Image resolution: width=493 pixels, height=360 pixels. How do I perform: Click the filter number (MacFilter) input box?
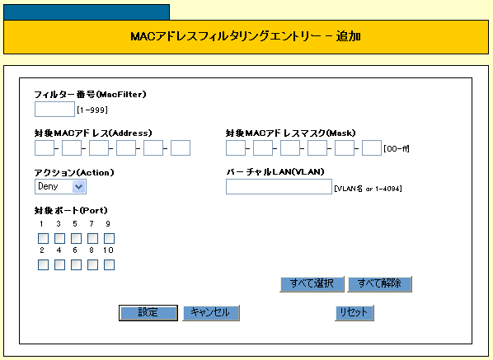pos(54,110)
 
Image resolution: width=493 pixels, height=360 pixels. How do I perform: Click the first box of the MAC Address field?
pos(45,148)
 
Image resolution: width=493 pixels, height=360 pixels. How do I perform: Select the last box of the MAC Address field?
pos(181,148)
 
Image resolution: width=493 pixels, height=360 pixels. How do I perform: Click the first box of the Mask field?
pos(236,148)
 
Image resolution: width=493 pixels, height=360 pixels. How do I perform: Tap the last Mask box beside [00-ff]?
pos(372,148)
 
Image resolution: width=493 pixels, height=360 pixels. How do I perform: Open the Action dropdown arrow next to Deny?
pos(78,187)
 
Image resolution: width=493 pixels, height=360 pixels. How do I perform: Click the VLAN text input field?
pos(279,187)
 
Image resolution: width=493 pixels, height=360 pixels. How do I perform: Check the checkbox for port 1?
pos(43,238)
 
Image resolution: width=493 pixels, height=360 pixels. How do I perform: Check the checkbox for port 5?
pos(76,238)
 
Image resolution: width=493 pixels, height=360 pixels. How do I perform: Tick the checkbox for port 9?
pos(109,238)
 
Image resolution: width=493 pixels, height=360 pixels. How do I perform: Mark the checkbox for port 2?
pos(43,264)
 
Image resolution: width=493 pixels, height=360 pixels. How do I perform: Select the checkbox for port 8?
pos(92,264)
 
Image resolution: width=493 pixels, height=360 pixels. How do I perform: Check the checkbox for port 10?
pos(109,264)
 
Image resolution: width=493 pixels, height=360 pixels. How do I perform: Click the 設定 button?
pos(148,313)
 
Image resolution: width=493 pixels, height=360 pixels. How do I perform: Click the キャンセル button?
pos(211,313)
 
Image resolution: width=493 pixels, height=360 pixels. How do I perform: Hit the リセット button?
pos(354,313)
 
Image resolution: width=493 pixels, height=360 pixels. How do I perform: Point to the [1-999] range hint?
pos(92,110)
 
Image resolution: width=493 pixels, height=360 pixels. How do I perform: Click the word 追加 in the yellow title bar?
pos(349,36)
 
